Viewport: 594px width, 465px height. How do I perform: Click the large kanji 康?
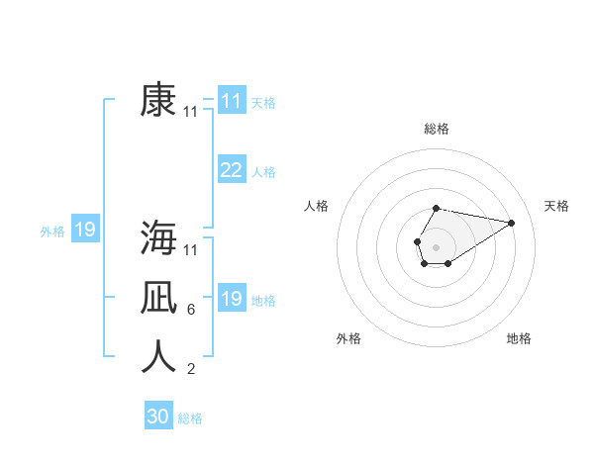pyautogui.click(x=158, y=101)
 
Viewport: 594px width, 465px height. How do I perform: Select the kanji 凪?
pyautogui.click(x=158, y=298)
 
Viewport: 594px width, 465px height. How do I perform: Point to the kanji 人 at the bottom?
pyautogui.click(x=158, y=357)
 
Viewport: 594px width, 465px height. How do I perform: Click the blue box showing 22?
pyautogui.click(x=231, y=170)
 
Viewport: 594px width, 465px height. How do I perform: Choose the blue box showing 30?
pyautogui.click(x=158, y=417)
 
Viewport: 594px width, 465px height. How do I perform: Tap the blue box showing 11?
pyautogui.click(x=231, y=101)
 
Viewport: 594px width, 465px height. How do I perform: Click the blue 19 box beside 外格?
pyautogui.click(x=85, y=231)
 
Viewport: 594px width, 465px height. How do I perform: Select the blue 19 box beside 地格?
pyautogui.click(x=231, y=299)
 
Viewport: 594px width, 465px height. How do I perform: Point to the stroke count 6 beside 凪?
pyautogui.click(x=190, y=310)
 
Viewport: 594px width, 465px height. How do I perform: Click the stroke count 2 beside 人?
pyautogui.click(x=190, y=370)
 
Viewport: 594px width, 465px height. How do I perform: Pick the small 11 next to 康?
pyautogui.click(x=190, y=113)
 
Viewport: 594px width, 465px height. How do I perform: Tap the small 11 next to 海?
pyautogui.click(x=190, y=249)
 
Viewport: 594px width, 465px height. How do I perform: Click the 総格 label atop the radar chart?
pyautogui.click(x=437, y=129)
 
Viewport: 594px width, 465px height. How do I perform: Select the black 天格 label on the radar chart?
pyautogui.click(x=556, y=206)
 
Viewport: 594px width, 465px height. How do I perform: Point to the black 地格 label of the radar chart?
pyautogui.click(x=519, y=338)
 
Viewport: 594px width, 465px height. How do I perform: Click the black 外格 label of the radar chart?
pyautogui.click(x=348, y=338)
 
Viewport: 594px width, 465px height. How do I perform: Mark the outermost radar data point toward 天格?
pyautogui.click(x=512, y=222)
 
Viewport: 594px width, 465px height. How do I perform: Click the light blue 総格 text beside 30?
pyautogui.click(x=190, y=418)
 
